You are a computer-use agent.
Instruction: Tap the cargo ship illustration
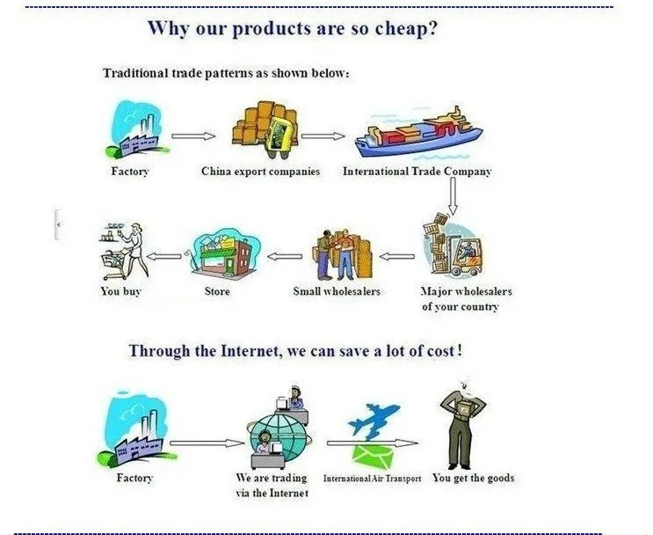click(x=418, y=133)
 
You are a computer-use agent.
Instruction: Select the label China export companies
click(x=261, y=172)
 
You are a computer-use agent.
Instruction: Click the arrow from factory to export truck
click(x=193, y=136)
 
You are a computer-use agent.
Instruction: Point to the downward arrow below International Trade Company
click(x=453, y=196)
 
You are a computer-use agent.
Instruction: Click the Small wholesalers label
click(x=337, y=291)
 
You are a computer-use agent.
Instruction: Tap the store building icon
click(x=223, y=253)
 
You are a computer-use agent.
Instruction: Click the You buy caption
click(x=120, y=291)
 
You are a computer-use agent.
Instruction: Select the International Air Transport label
click(x=373, y=479)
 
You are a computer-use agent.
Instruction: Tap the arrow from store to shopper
click(x=164, y=256)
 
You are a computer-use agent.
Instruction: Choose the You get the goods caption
click(x=473, y=478)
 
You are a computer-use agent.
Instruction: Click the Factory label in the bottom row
click(x=134, y=478)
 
